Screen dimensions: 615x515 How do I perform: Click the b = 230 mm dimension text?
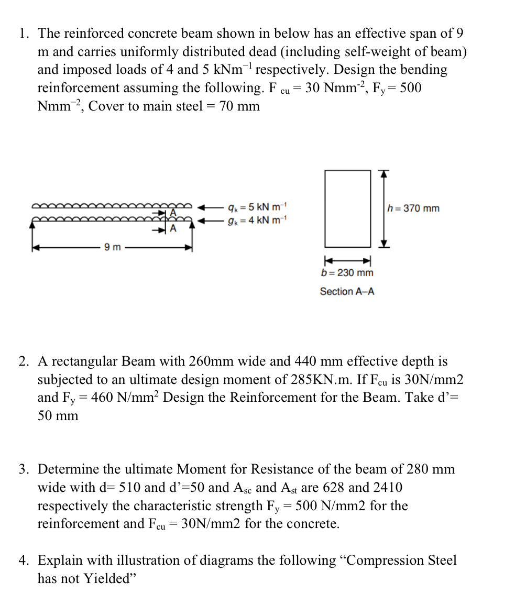tap(347, 273)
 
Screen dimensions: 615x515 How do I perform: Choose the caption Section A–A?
tap(347, 291)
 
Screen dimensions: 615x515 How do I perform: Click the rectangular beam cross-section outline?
tap(347, 208)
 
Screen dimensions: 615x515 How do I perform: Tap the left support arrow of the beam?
tap(33, 224)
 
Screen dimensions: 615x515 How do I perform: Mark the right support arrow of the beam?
tap(192, 224)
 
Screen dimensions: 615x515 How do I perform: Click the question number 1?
tap(24, 34)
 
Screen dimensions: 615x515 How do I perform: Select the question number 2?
tap(24, 361)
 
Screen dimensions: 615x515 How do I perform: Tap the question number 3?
tap(24, 469)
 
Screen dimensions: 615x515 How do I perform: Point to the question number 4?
tap(24, 561)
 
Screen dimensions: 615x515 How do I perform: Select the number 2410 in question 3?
tap(387, 487)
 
